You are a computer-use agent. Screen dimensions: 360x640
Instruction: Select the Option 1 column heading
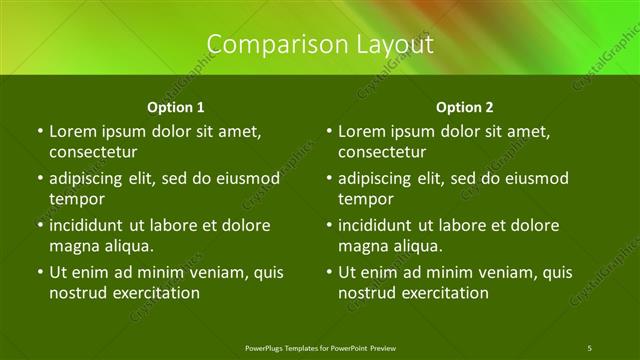[x=176, y=106]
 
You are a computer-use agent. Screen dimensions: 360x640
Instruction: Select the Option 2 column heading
[x=465, y=106]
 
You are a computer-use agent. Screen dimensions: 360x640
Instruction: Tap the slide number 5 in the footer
[x=590, y=347]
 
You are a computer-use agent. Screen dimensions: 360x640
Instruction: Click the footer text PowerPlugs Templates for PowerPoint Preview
[x=319, y=347]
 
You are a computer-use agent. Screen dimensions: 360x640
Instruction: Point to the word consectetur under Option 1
[x=93, y=152]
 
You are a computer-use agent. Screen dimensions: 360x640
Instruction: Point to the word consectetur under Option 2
[x=382, y=152]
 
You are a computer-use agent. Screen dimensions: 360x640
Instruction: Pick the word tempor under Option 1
[x=76, y=198]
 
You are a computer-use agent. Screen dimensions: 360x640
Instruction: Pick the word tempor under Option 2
[x=365, y=198]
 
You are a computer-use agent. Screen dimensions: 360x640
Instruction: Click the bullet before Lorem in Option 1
[x=39, y=132]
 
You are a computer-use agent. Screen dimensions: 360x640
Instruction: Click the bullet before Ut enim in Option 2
[x=328, y=272]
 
